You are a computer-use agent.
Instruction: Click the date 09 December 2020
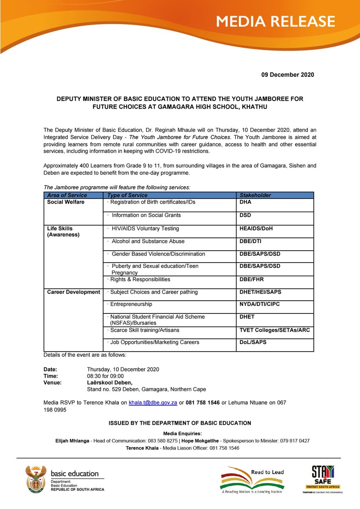coord(287,75)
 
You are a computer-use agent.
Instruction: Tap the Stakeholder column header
coord(255,195)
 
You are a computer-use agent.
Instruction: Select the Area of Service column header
coord(67,195)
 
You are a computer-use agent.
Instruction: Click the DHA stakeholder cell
coord(246,202)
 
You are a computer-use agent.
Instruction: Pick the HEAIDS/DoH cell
coord(256,229)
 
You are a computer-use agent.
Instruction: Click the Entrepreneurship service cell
coord(131,305)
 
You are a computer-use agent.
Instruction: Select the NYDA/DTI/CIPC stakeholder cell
coord(259,305)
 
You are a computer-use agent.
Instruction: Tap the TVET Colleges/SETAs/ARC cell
coord(274,330)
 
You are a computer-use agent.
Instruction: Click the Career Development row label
coord(73,292)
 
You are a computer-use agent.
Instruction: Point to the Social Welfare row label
coord(66,202)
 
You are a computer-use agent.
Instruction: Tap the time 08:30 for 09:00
coord(105,376)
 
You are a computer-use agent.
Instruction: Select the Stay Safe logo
coord(323,478)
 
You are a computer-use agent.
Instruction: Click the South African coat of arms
coord(36,478)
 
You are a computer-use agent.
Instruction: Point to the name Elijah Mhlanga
coord(72,441)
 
